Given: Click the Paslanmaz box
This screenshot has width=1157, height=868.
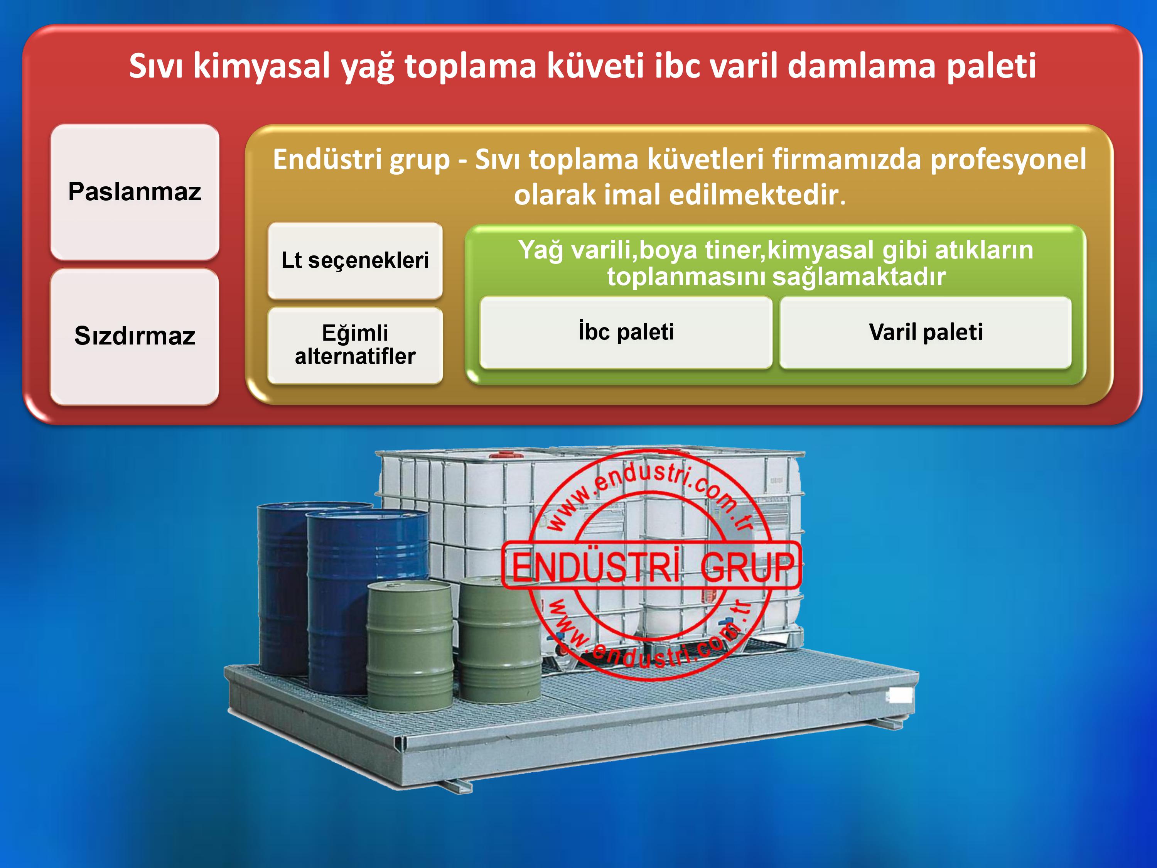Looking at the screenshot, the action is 135,192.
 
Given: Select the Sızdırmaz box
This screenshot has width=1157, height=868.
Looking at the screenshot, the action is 135,336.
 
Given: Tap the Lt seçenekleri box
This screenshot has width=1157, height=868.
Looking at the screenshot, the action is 355,260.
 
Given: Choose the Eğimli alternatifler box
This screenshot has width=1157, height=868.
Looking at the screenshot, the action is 355,345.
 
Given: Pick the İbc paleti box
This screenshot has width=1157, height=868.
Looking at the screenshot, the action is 626,332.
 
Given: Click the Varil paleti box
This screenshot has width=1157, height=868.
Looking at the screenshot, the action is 926,332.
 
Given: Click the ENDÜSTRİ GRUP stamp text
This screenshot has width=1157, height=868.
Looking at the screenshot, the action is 652,567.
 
